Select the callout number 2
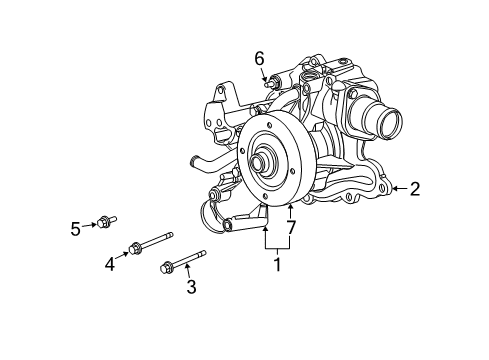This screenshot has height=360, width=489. coord(414,187)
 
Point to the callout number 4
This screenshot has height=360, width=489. coord(110,264)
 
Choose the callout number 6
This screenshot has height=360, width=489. coord(259,58)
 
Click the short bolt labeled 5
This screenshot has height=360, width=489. coord(106,223)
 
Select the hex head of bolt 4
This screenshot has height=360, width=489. coord(134,248)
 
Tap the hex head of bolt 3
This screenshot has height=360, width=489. coord(167,266)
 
